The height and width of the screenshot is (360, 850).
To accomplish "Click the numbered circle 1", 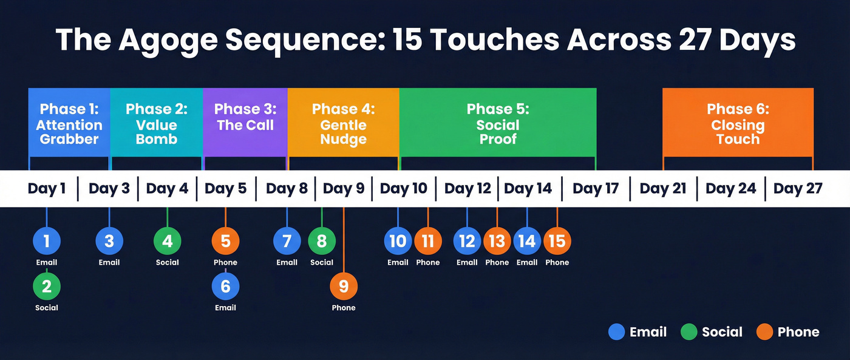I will click(x=47, y=241).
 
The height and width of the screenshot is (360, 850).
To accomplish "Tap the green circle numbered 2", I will click(x=47, y=286).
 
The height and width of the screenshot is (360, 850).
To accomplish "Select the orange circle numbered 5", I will click(x=225, y=241).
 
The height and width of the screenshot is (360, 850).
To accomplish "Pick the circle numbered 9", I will click(x=344, y=286).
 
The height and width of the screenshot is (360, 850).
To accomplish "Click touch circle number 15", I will click(x=557, y=241).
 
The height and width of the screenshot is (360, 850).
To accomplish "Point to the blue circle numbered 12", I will click(x=467, y=241).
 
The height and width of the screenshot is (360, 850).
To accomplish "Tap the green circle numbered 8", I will click(x=322, y=241).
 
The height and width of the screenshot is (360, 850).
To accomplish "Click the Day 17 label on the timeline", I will click(x=595, y=189).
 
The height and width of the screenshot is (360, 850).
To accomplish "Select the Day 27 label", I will click(x=798, y=189).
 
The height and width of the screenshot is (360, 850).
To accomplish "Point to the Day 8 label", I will click(x=287, y=189).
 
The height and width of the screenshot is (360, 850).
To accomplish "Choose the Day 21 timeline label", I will click(x=663, y=189).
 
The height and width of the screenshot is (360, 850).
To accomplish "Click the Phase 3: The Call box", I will click(x=245, y=122).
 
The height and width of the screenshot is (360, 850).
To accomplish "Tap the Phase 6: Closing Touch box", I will click(x=738, y=122).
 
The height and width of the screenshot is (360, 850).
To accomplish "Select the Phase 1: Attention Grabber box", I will click(x=69, y=122).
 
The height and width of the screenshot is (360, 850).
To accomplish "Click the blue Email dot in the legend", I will click(x=616, y=332).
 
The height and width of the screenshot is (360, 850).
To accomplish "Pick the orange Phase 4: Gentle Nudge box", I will click(x=343, y=122).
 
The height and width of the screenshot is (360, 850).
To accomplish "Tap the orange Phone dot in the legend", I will click(x=765, y=332).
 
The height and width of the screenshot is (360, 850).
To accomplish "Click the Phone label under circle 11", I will click(x=428, y=263).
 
